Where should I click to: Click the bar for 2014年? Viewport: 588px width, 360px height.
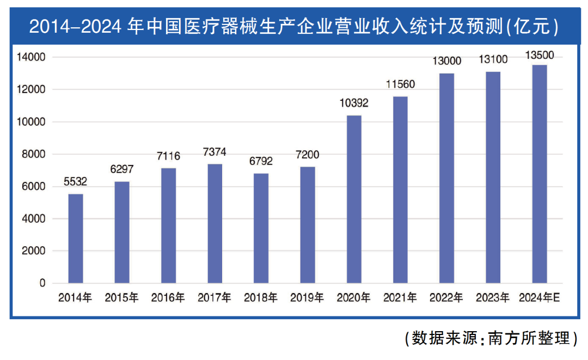click(x=76, y=239)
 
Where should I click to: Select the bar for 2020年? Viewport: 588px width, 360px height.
click(x=354, y=199)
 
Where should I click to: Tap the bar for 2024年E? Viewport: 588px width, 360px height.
click(x=540, y=174)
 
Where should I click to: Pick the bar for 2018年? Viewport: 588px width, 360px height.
click(x=261, y=228)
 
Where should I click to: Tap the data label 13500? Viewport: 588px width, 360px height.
click(x=540, y=55)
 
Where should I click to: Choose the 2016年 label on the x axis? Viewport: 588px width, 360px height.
click(x=168, y=298)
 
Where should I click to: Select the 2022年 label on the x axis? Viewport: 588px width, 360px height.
click(x=446, y=298)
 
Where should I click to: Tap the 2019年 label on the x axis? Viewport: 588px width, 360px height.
click(x=307, y=298)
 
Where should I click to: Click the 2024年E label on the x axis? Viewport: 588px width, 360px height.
click(x=540, y=298)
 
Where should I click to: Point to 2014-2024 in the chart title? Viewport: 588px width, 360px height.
click(x=76, y=26)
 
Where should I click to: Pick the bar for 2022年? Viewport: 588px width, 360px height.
click(x=446, y=178)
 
